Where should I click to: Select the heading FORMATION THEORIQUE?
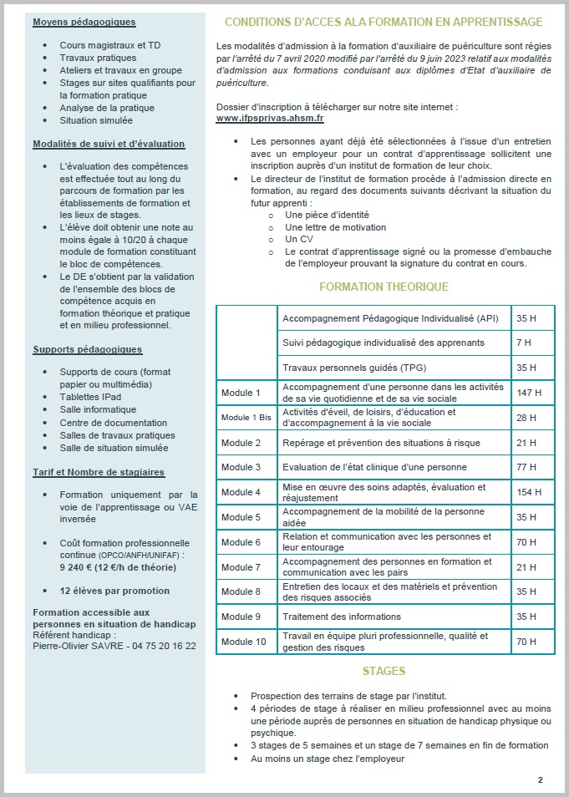[384, 287]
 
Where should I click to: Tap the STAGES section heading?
[384, 671]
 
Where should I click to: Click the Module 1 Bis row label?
[246, 417]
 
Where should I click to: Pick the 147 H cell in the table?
[529, 393]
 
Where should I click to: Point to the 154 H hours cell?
[529, 492]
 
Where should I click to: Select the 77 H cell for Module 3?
[526, 467]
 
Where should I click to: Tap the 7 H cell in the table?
[524, 343]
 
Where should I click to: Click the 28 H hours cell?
[526, 417]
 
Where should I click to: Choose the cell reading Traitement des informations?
[342, 617]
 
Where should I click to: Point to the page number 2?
[540, 779]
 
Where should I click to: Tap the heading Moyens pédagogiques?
[84, 22]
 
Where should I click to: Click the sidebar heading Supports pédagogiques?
[88, 349]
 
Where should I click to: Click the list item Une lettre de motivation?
[335, 226]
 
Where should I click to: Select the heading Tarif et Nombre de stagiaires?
[99, 472]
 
